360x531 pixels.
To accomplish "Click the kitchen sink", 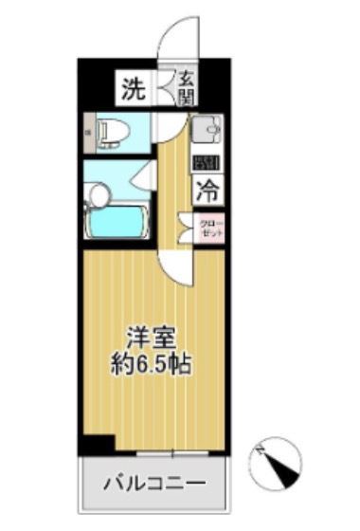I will (x=207, y=128).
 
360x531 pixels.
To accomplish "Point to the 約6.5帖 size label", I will (x=151, y=363).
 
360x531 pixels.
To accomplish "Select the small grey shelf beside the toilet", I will (x=87, y=131).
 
